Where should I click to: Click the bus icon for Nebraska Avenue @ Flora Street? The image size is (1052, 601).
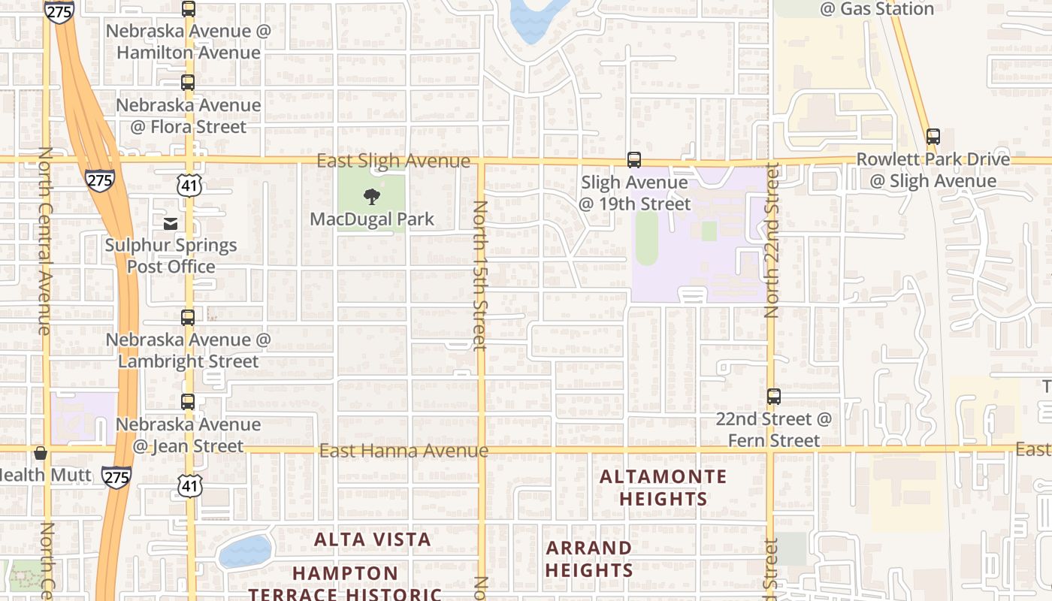(188, 83)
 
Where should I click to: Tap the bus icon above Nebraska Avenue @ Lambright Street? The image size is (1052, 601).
(188, 317)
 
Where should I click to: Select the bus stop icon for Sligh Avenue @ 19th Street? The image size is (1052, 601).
(634, 160)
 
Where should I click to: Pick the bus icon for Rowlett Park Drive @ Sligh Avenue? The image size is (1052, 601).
(933, 137)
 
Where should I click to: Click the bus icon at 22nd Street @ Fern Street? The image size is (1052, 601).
(774, 397)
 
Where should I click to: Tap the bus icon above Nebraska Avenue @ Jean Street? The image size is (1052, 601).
(188, 402)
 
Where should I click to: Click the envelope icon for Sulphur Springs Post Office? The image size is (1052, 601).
(171, 223)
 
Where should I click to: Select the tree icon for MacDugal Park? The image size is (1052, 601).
(371, 198)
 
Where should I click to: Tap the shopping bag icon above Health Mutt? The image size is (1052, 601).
(41, 453)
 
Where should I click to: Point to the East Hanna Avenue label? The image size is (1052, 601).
(404, 451)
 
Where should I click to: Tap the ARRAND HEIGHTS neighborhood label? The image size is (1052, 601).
(589, 559)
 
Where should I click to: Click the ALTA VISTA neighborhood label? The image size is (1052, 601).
(373, 539)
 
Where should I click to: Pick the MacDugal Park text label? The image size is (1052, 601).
(373, 219)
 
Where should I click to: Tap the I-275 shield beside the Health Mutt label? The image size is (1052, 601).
(116, 476)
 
